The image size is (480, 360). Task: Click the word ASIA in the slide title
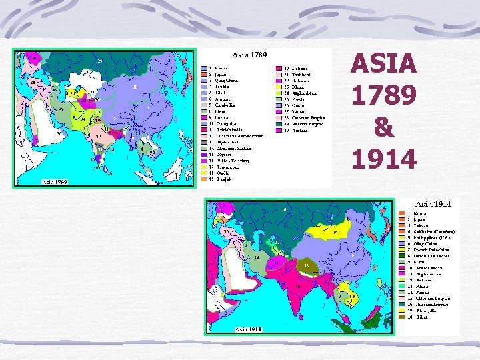pyautogui.click(x=383, y=65)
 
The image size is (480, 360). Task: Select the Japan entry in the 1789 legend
pyautogui.click(x=221, y=74)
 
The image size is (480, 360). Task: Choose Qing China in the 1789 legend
pyautogui.click(x=226, y=80)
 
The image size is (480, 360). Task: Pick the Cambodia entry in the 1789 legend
pyautogui.click(x=225, y=105)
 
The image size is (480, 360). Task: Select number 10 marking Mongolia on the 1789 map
pyautogui.click(x=135, y=87)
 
